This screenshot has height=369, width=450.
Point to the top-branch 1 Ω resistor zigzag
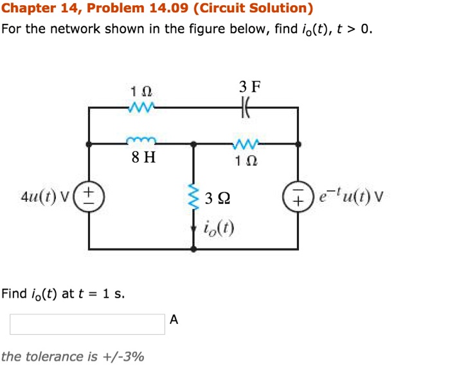coord(141,107)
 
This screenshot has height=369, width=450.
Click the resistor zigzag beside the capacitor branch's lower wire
coord(247,143)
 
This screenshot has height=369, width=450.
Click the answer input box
coord(87,324)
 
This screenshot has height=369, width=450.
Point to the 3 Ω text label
coord(214,198)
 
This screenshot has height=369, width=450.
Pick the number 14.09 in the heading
coord(169,8)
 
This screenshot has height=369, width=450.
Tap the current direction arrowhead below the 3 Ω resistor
coord(194,228)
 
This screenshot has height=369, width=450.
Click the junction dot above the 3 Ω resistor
coord(194,143)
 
